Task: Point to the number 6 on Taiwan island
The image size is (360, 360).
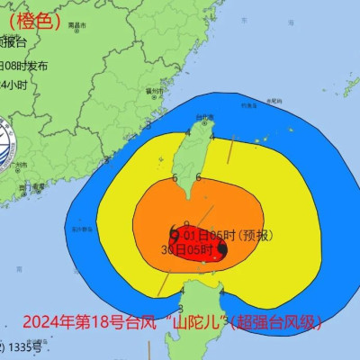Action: (x=198, y=177)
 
